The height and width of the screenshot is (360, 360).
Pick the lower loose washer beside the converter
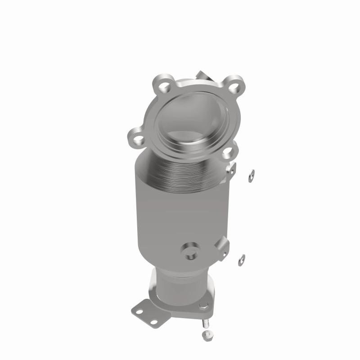click(x=242, y=259)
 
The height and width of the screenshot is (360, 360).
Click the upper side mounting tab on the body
click(x=232, y=169)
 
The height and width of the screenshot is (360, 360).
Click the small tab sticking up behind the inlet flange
click(x=202, y=75)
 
